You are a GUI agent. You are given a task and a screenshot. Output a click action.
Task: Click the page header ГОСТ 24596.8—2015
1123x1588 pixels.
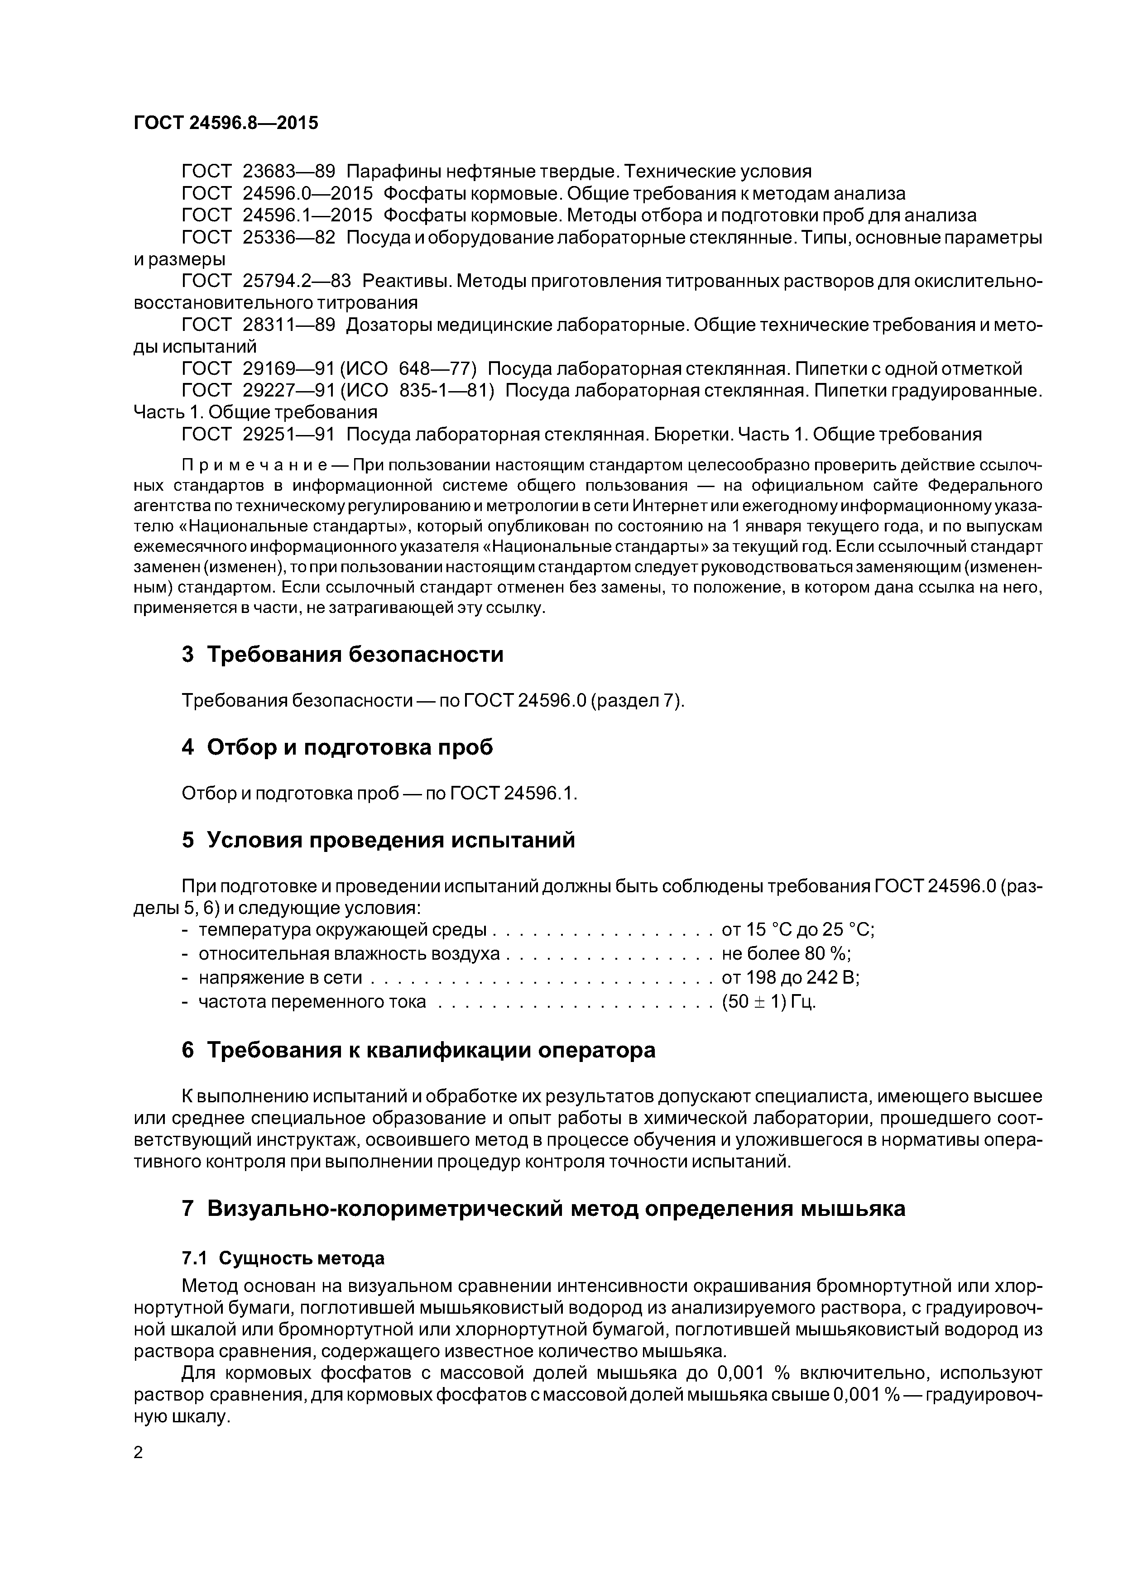[226, 123]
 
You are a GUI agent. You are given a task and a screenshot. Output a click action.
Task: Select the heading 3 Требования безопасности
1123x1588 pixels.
[342, 654]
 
